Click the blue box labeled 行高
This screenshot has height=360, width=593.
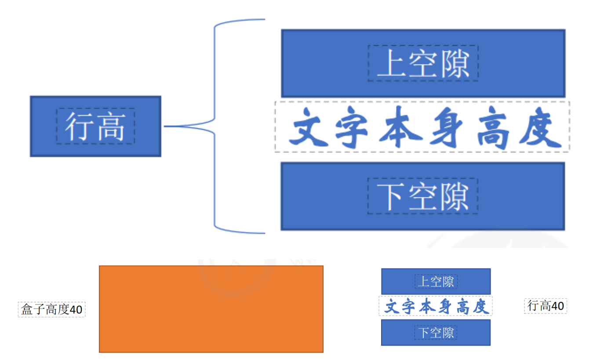pyautogui.click(x=95, y=126)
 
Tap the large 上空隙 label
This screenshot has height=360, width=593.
pyautogui.click(x=423, y=63)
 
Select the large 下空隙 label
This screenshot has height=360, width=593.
pyautogui.click(x=423, y=196)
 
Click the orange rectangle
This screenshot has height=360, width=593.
pyautogui.click(x=211, y=309)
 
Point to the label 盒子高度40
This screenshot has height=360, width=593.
pyautogui.click(x=51, y=309)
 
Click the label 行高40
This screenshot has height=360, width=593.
pyautogui.click(x=546, y=306)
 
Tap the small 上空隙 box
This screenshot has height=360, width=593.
pyautogui.click(x=436, y=281)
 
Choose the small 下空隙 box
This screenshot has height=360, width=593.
pyautogui.click(x=436, y=333)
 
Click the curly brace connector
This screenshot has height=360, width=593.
pyautogui.click(x=215, y=126)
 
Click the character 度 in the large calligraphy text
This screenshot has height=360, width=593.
pyautogui.click(x=540, y=127)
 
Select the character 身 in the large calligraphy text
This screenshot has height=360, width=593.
pyautogui.click(x=444, y=127)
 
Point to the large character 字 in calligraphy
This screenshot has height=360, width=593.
pyautogui.click(x=352, y=127)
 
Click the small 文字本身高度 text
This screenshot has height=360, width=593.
pyautogui.click(x=436, y=306)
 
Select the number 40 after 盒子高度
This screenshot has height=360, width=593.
pyautogui.click(x=76, y=309)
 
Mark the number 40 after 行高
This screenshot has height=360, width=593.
pyautogui.click(x=557, y=306)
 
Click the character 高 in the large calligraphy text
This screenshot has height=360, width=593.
pyautogui.click(x=492, y=127)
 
